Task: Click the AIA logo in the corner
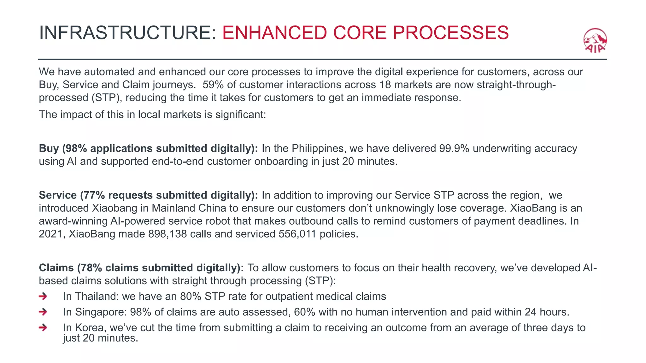pos(595,41)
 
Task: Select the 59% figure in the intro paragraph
pos(213,85)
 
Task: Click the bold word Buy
pos(49,148)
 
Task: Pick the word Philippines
pos(319,148)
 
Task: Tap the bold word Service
pos(58,195)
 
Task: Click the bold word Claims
pos(56,268)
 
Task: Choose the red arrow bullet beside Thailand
pos(43,296)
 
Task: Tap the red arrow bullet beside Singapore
pos(43,312)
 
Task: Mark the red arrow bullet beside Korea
pos(43,328)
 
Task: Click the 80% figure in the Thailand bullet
pos(191,297)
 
